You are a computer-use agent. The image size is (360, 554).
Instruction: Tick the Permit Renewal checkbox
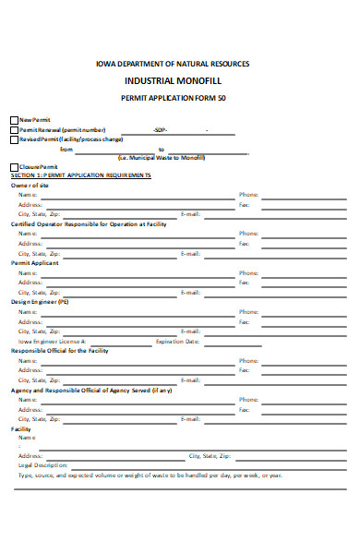click(14, 130)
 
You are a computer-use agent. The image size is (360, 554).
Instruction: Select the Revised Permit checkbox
click(14, 139)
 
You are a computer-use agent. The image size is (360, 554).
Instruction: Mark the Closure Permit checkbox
click(14, 166)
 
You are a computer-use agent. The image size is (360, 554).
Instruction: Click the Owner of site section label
click(30, 186)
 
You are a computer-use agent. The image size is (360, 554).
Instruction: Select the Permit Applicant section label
click(35, 263)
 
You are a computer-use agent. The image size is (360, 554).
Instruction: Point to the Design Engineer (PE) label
click(40, 302)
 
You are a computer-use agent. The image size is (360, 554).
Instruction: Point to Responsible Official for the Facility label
click(61, 351)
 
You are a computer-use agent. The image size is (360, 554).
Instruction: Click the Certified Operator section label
click(88, 224)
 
